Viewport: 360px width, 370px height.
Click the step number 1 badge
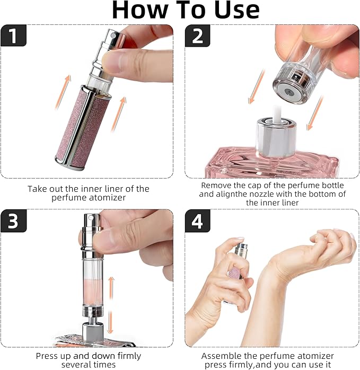click(13, 36)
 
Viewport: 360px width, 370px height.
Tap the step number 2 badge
click(197, 36)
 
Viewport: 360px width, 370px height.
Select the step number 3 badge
click(13, 221)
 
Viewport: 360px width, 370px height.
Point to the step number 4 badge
click(197, 221)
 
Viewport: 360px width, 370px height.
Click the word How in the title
click(140, 10)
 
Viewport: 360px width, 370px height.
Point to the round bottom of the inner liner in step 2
click(289, 92)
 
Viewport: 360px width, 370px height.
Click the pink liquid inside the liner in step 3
click(92, 292)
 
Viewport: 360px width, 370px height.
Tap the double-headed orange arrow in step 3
click(111, 305)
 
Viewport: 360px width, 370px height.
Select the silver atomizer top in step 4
click(241, 251)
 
